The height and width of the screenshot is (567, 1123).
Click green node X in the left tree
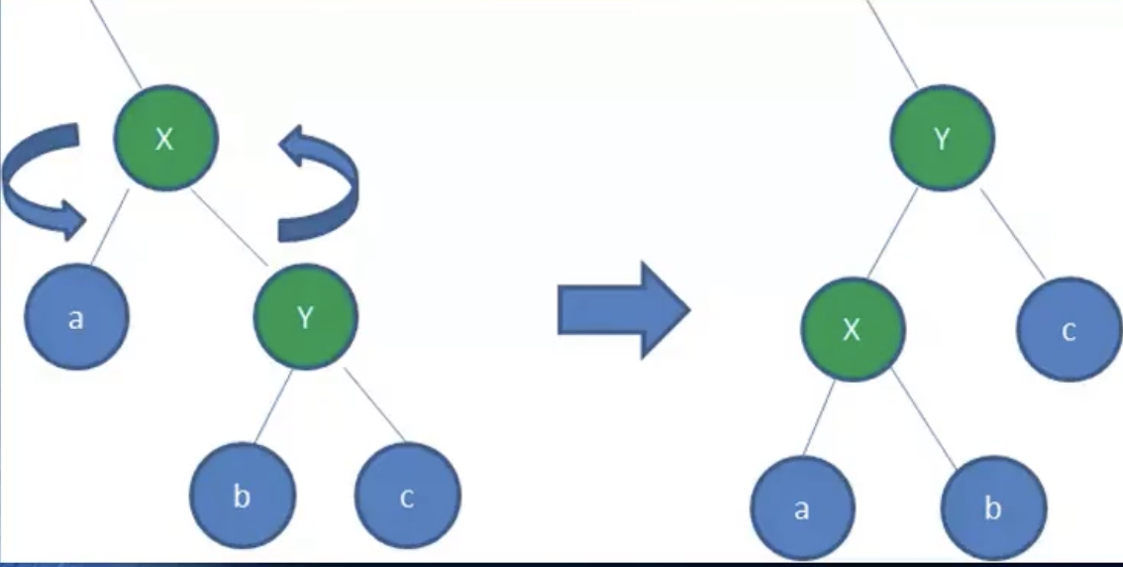point(164,137)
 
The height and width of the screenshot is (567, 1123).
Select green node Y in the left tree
point(305,318)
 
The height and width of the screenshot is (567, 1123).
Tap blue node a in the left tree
point(77,318)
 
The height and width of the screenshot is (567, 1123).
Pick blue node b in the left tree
point(243,495)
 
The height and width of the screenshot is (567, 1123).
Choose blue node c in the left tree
point(407,496)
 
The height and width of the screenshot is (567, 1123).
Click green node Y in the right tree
point(942,139)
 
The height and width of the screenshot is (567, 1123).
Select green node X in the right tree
point(852,329)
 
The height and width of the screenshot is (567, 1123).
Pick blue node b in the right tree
point(992,509)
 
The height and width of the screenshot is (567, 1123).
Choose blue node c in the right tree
point(1069,329)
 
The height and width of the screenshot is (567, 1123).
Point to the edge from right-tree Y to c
point(1012,231)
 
